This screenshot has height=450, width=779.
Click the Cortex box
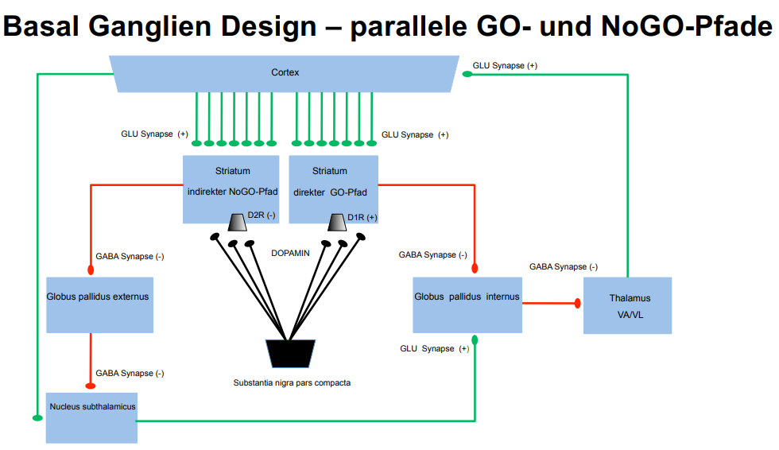click(x=285, y=73)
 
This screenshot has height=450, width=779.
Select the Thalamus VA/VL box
click(x=628, y=306)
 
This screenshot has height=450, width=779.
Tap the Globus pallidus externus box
click(x=99, y=305)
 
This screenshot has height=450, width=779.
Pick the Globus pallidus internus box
click(x=467, y=305)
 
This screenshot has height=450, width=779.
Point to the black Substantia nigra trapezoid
click(x=290, y=353)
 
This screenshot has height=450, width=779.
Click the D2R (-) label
click(x=262, y=215)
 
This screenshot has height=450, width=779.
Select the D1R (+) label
click(x=362, y=216)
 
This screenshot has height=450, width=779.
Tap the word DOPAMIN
click(x=291, y=253)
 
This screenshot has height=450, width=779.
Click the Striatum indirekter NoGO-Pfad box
click(x=231, y=188)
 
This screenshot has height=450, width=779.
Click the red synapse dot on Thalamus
click(x=579, y=304)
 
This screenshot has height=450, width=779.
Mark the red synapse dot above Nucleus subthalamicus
click(x=91, y=388)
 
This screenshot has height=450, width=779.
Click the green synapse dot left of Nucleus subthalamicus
click(x=37, y=416)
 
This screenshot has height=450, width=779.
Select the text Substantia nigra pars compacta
click(x=292, y=382)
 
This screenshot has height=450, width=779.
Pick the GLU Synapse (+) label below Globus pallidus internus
click(x=434, y=348)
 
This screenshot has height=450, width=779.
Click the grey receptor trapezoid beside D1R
click(x=336, y=220)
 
